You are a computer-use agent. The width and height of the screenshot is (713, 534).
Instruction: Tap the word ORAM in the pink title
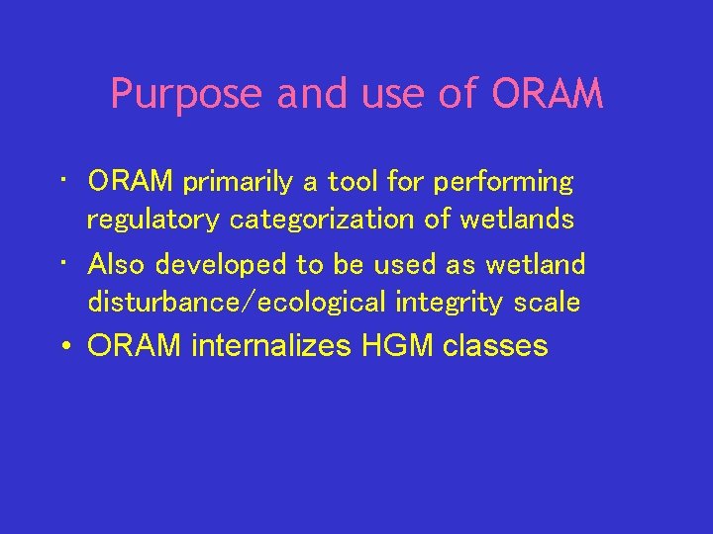point(547,95)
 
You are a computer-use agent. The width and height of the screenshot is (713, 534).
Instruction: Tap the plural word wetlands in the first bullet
point(517,220)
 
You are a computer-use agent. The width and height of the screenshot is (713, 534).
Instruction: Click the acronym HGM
point(392,346)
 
